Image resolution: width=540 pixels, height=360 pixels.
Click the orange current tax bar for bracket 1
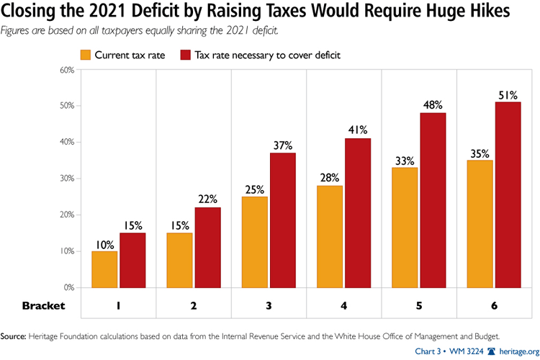click(x=104, y=269)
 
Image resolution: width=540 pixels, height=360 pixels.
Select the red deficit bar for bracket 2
click(x=207, y=248)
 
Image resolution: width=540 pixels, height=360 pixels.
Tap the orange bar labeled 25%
click(x=256, y=242)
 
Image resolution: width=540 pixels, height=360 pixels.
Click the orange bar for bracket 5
click(x=405, y=228)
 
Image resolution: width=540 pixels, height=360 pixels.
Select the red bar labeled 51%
click(x=508, y=195)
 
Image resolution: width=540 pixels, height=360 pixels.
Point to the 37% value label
click(x=283, y=145)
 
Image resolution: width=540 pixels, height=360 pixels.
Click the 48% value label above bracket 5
click(x=433, y=105)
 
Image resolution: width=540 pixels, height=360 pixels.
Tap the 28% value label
click(x=330, y=177)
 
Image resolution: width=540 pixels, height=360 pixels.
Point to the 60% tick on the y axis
click(x=67, y=70)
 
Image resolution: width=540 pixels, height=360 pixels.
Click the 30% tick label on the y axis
click(x=67, y=179)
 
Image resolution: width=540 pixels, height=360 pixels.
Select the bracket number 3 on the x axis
click(x=269, y=305)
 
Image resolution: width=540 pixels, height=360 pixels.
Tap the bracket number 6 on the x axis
click(x=493, y=305)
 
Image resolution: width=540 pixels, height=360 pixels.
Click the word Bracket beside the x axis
click(x=42, y=305)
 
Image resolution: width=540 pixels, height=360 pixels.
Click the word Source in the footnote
click(x=16, y=336)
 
